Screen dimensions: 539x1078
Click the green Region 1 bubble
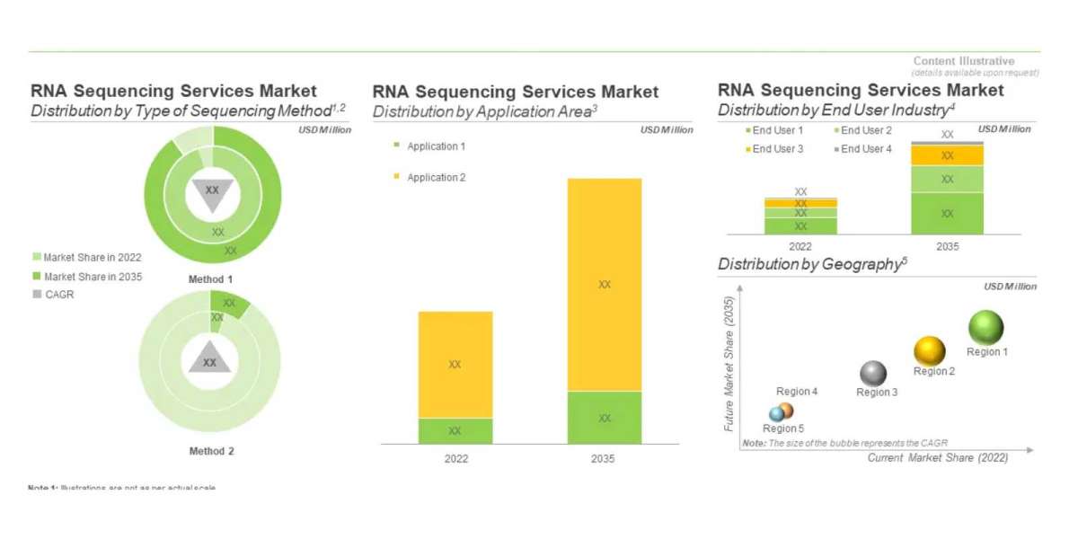coord(986,327)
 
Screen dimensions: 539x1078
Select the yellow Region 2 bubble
coord(930,350)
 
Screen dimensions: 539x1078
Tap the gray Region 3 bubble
coord(873,373)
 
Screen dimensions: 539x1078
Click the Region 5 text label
coord(783,429)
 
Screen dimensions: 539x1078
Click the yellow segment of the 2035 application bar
coord(605,284)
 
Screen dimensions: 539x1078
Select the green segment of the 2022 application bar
coord(455,430)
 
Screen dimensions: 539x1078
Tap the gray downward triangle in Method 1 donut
coord(212,192)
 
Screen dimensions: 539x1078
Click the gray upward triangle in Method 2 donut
coord(209,359)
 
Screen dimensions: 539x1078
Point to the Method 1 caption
coord(211,279)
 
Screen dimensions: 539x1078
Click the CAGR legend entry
coord(58,295)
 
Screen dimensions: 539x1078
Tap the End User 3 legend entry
coord(778,148)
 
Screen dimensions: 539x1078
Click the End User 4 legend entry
coord(866,148)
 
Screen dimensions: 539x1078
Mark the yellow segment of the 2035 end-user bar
coord(948,155)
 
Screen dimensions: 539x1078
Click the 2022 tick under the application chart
coord(455,458)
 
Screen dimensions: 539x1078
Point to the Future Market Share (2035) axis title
coord(729,363)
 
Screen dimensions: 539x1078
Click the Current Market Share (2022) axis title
coord(937,458)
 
